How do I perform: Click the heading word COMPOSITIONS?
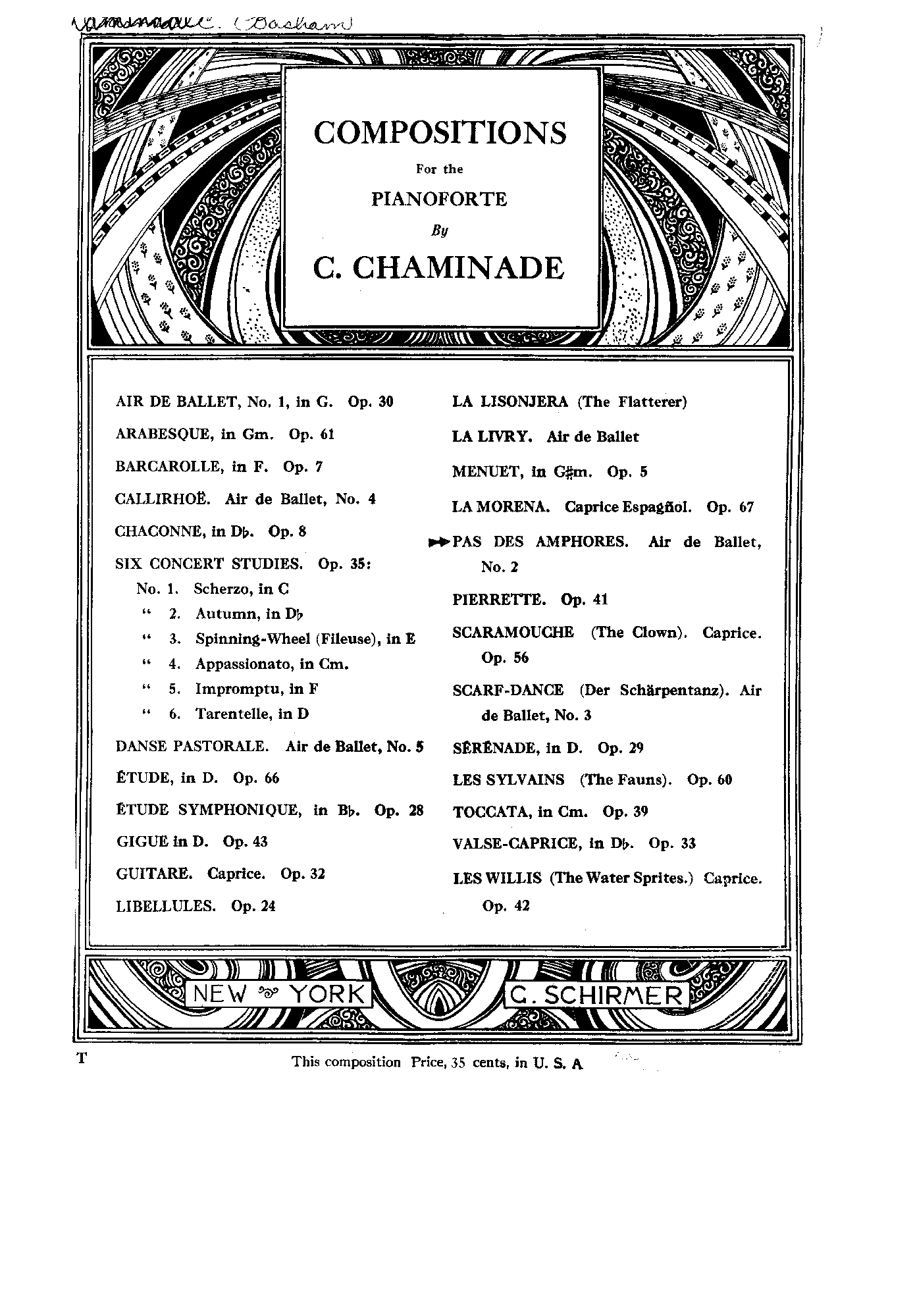[440, 133]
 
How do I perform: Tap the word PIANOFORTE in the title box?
[439, 199]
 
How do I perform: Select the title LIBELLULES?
[165, 907]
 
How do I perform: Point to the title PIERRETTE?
[499, 600]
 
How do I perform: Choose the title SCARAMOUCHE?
[513, 633]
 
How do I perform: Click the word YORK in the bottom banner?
[327, 994]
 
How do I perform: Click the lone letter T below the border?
[82, 1059]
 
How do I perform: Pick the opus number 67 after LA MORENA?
[746, 508]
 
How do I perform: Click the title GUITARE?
[154, 874]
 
